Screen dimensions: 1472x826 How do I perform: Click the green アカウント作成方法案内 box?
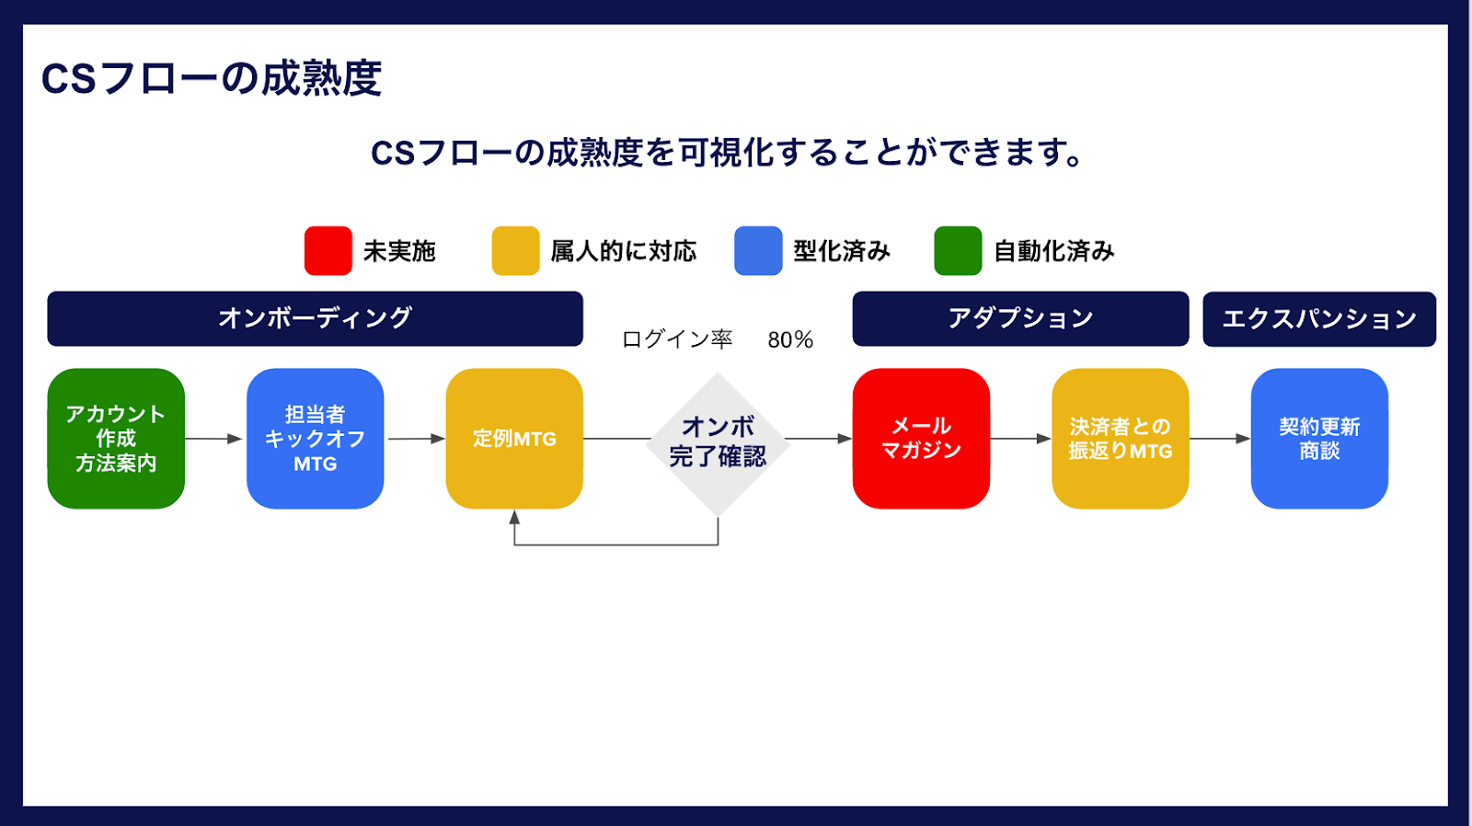click(x=116, y=439)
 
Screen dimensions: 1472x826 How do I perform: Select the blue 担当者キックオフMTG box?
click(x=315, y=439)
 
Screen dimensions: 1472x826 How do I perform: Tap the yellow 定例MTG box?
click(x=514, y=439)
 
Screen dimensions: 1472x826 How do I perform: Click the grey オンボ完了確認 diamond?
click(x=718, y=444)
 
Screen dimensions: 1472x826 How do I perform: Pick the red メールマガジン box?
click(x=921, y=439)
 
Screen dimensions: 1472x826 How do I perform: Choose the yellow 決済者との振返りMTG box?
click(x=1120, y=439)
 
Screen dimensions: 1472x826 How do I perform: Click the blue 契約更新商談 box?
click(x=1319, y=439)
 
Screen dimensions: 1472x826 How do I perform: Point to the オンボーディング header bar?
click(x=315, y=318)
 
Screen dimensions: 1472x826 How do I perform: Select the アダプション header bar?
click(x=1020, y=318)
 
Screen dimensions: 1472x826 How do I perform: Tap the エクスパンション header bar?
click(x=1319, y=318)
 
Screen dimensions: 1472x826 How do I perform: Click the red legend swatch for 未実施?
click(x=328, y=250)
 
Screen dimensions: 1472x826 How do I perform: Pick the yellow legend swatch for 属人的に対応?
click(x=515, y=250)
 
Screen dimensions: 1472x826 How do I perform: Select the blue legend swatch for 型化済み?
click(x=758, y=250)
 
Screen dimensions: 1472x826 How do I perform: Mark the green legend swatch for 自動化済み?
click(x=958, y=250)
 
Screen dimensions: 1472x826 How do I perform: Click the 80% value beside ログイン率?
click(x=790, y=339)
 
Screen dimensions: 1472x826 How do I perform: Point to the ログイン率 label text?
click(x=677, y=339)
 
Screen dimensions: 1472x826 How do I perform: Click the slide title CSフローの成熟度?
click(x=211, y=79)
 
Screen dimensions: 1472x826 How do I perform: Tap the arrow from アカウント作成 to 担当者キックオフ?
click(x=213, y=439)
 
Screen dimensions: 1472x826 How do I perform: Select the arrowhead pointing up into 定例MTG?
click(x=514, y=517)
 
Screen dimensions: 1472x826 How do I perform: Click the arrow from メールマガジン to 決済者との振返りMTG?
click(x=1020, y=439)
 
